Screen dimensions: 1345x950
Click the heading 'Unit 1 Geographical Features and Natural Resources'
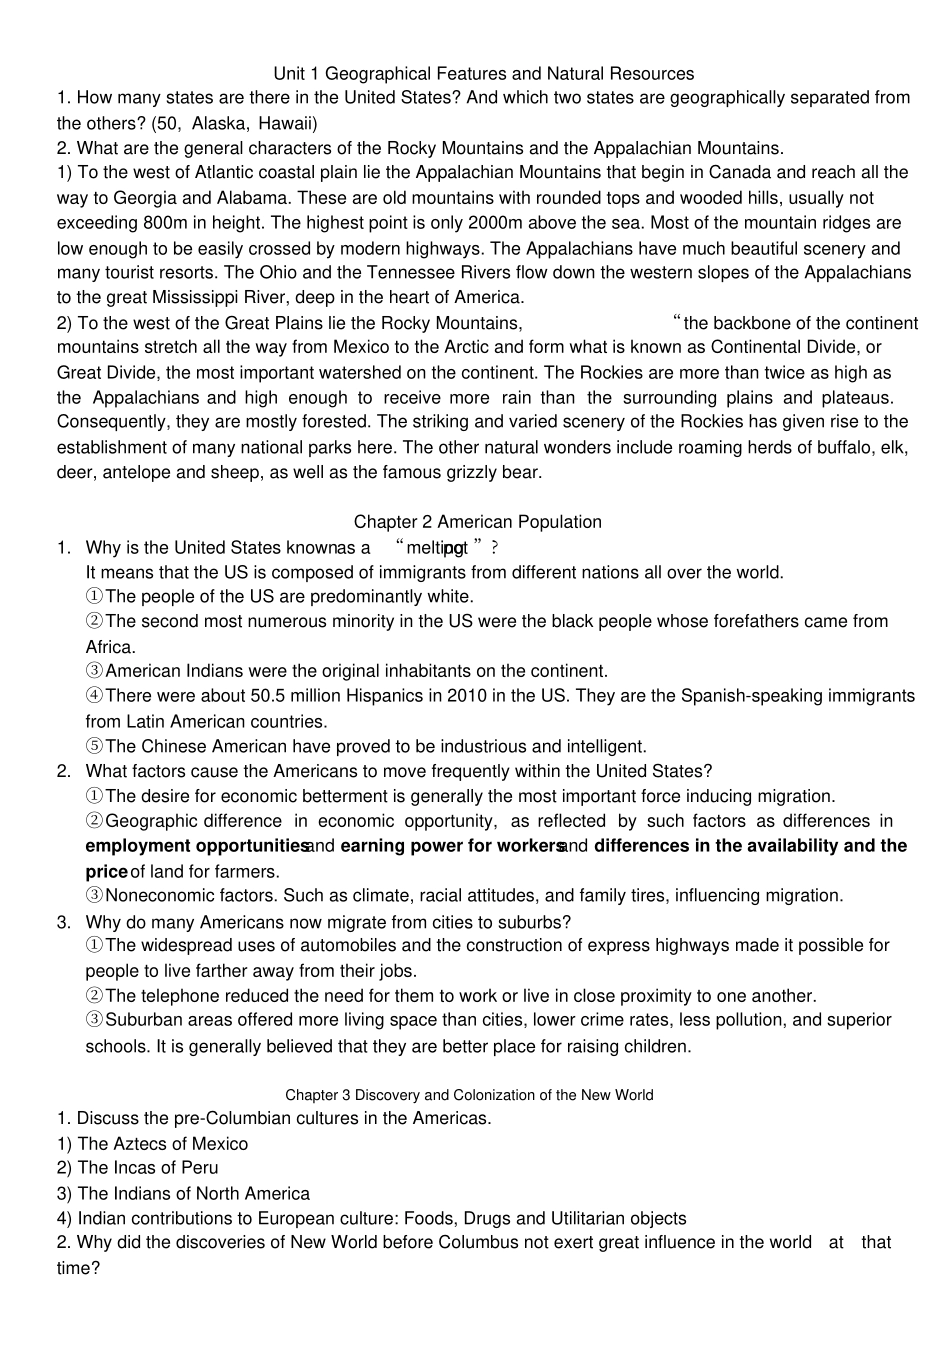point(483,74)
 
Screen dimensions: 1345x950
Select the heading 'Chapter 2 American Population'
point(477,522)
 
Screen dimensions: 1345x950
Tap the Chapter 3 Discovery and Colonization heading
point(469,1095)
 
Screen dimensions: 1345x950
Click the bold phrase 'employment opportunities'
point(196,846)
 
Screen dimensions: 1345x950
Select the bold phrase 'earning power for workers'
point(452,846)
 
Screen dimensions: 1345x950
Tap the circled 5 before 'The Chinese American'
point(94,746)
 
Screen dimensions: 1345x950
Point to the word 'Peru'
point(199,1168)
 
